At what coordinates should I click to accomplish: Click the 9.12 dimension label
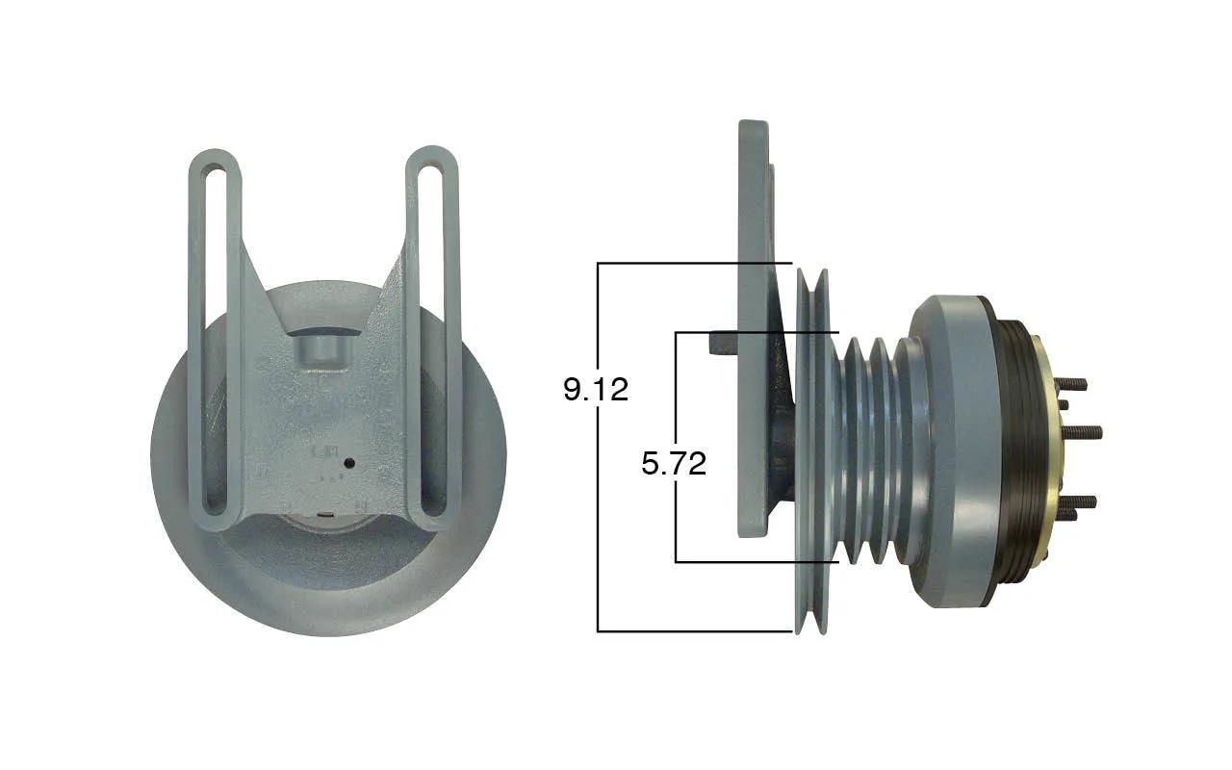596,390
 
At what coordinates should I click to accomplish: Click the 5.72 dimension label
674,463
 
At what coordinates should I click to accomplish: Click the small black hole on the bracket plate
348,464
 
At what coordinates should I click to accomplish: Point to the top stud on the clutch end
1071,383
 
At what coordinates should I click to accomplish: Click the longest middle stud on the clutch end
1079,432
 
